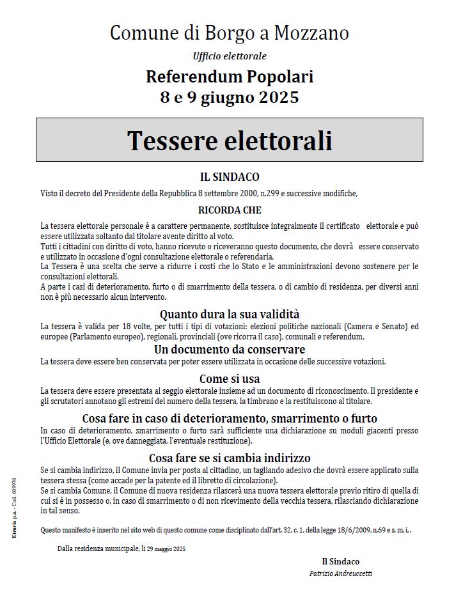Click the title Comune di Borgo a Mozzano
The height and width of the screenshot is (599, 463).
point(230,33)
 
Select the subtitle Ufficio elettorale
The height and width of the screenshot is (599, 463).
point(230,56)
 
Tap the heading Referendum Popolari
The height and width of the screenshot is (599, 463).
point(230,77)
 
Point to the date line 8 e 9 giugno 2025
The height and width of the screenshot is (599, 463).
point(230,98)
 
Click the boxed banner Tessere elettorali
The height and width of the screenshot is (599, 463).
point(230,140)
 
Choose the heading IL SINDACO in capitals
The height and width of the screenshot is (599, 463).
point(230,178)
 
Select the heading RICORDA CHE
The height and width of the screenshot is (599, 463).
point(230,210)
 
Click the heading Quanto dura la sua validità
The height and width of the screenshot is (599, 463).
point(230,314)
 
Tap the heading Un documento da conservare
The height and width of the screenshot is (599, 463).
point(230,350)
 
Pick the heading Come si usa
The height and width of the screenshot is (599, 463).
point(230,378)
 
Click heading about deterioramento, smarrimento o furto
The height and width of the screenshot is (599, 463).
point(230,419)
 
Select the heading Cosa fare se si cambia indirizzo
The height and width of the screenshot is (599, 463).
point(230,458)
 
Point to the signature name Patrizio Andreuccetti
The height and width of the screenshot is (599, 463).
point(340,573)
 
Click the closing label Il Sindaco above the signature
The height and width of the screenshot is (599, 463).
point(340,561)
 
